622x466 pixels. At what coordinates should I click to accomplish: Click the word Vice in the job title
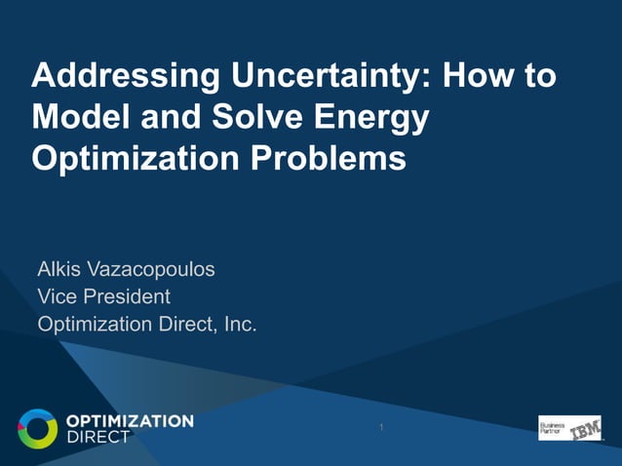click(58, 295)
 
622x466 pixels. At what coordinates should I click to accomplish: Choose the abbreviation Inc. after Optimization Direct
click(240, 324)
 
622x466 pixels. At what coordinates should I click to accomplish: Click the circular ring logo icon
click(37, 428)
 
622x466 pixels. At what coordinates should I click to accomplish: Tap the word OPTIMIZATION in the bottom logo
click(130, 420)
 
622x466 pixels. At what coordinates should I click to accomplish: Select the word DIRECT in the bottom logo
click(97, 437)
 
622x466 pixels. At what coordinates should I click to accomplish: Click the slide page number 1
click(381, 428)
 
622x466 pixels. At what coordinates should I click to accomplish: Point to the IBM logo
click(585, 428)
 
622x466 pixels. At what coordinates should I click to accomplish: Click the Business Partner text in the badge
click(552, 427)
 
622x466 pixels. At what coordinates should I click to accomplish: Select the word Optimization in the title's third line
click(122, 159)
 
